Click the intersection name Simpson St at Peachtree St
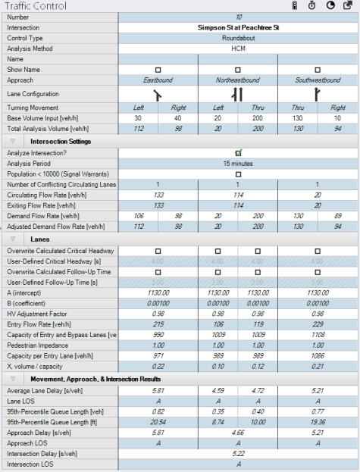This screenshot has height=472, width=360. click(238, 27)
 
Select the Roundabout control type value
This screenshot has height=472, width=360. click(238, 37)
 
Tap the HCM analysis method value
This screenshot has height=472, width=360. click(238, 48)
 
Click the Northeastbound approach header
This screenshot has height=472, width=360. click(238, 80)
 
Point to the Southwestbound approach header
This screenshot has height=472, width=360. click(318, 80)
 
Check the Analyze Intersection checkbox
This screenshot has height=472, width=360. click(238, 152)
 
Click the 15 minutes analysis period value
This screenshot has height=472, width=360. click(238, 163)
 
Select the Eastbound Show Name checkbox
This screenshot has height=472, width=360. click(158, 69)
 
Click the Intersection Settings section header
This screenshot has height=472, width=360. click(61, 141)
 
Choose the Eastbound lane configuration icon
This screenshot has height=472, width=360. click(158, 95)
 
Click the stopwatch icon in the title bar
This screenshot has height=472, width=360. click(311, 5)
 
